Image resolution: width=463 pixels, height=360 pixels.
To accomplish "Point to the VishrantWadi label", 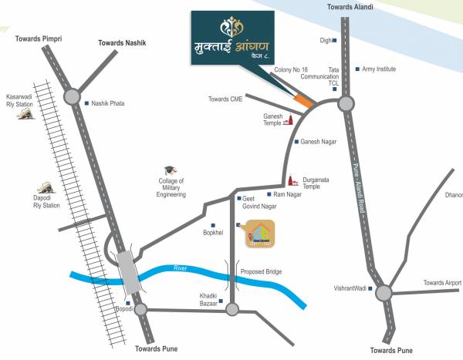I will (x=352, y=289).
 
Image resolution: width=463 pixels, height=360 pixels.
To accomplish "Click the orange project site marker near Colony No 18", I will (x=305, y=100).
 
